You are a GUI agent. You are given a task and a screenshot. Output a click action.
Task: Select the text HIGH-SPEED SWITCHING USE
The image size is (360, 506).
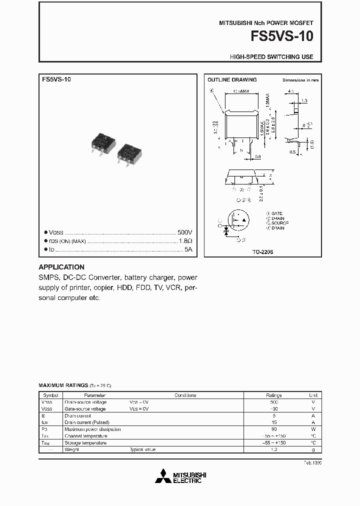tap(271, 57)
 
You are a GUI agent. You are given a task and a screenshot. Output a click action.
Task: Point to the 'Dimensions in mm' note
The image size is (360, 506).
tap(300, 80)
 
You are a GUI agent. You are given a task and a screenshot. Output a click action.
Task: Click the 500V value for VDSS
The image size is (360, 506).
tap(184, 233)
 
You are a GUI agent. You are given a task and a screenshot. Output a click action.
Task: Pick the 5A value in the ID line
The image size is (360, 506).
tap(188, 249)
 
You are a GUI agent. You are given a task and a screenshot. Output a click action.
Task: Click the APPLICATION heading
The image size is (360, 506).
tap(61, 267)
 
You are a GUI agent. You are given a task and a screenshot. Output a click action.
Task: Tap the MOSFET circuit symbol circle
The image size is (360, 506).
tap(238, 220)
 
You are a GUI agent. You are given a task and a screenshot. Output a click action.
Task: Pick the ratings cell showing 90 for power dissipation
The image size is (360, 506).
tap(273, 429)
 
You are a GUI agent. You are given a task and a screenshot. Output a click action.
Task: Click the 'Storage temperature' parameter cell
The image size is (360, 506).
tap(85, 443)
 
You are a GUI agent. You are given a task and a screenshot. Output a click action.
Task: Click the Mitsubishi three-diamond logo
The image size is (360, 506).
tap(162, 477)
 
